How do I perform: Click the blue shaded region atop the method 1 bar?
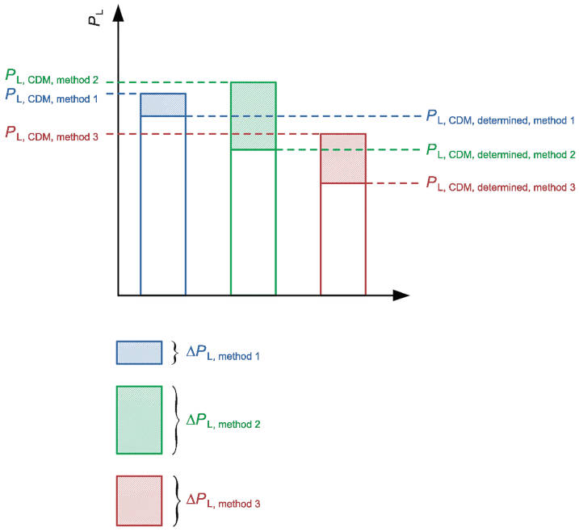pyautogui.click(x=163, y=105)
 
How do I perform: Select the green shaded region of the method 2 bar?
pyautogui.click(x=254, y=116)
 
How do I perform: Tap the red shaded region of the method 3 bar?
pyautogui.click(x=343, y=158)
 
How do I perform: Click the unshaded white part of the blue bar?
pyautogui.click(x=163, y=206)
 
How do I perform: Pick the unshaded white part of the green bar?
pyautogui.click(x=254, y=222)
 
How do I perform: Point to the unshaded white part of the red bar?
pyautogui.click(x=343, y=239)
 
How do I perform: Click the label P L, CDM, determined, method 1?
pyautogui.click(x=500, y=117)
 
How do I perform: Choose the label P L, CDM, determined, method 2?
pyautogui.click(x=500, y=151)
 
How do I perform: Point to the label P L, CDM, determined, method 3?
pyautogui.click(x=500, y=184)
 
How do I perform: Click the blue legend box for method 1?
pyautogui.click(x=140, y=353)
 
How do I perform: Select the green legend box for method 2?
pyautogui.click(x=140, y=420)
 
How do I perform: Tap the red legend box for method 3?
pyautogui.click(x=140, y=501)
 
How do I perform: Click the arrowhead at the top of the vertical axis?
pyautogui.click(x=119, y=12)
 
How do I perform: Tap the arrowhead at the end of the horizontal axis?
pyautogui.click(x=401, y=295)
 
